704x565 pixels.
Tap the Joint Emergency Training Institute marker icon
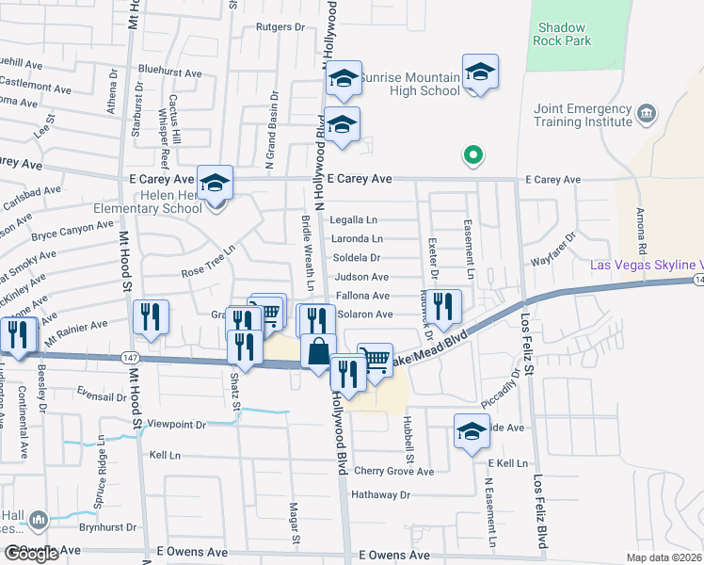(x=646, y=115)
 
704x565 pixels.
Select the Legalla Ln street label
(x=353, y=220)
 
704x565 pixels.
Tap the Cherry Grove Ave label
(x=393, y=472)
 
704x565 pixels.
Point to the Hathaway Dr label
(x=380, y=494)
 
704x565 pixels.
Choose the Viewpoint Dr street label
(x=176, y=426)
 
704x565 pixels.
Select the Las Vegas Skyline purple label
(x=646, y=266)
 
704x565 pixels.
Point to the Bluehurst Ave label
(x=169, y=72)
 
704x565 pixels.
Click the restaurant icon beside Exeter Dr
(x=445, y=306)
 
